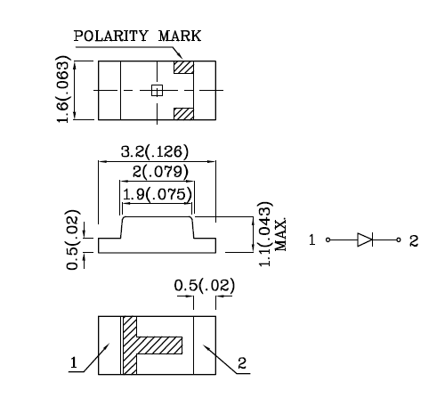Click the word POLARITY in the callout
[x=110, y=36]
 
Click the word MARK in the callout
[x=180, y=36]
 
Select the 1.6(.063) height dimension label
[x=63, y=89]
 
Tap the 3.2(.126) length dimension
[x=155, y=151]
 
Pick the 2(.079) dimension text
[x=160, y=172]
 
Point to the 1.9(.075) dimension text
[x=158, y=194]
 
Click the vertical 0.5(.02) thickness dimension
[x=73, y=240]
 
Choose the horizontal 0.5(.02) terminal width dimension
[x=205, y=286]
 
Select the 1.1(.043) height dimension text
[x=264, y=234]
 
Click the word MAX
[x=280, y=235]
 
